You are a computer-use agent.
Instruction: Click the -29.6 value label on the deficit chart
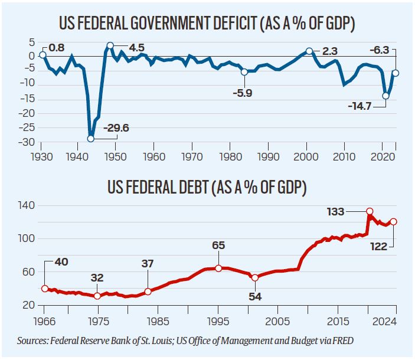pos(117,127)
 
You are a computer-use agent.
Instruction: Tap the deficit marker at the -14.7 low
pos(385,96)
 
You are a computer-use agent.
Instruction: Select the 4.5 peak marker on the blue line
pos(110,45)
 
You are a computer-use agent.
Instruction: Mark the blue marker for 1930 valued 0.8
pos(43,55)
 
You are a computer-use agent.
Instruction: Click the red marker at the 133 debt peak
pos(370,211)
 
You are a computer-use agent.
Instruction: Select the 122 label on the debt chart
pos(378,246)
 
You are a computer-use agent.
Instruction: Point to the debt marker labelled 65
pos(218,268)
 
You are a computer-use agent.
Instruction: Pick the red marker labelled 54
pos(254,277)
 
